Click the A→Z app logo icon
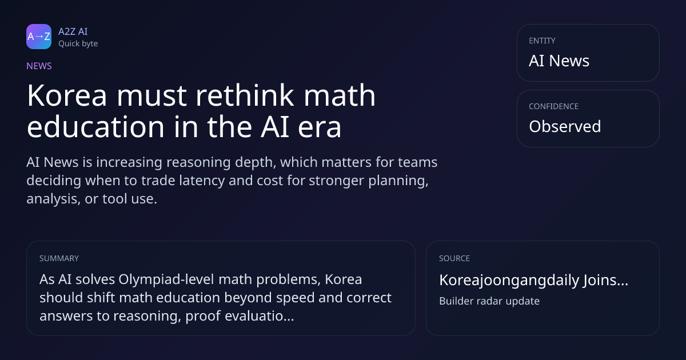click(39, 37)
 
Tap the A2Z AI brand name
click(73, 31)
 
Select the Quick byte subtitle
click(78, 44)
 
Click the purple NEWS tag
click(39, 66)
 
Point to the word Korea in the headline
click(67, 95)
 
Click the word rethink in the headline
click(245, 95)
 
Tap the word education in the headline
click(96, 126)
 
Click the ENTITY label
click(542, 41)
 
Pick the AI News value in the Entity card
click(559, 61)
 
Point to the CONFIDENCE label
click(554, 106)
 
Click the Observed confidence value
click(565, 126)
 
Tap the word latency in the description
click(202, 181)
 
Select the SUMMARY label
click(59, 258)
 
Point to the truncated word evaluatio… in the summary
click(260, 315)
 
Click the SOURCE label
click(454, 258)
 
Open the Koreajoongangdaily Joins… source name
click(533, 280)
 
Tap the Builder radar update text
click(489, 301)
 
